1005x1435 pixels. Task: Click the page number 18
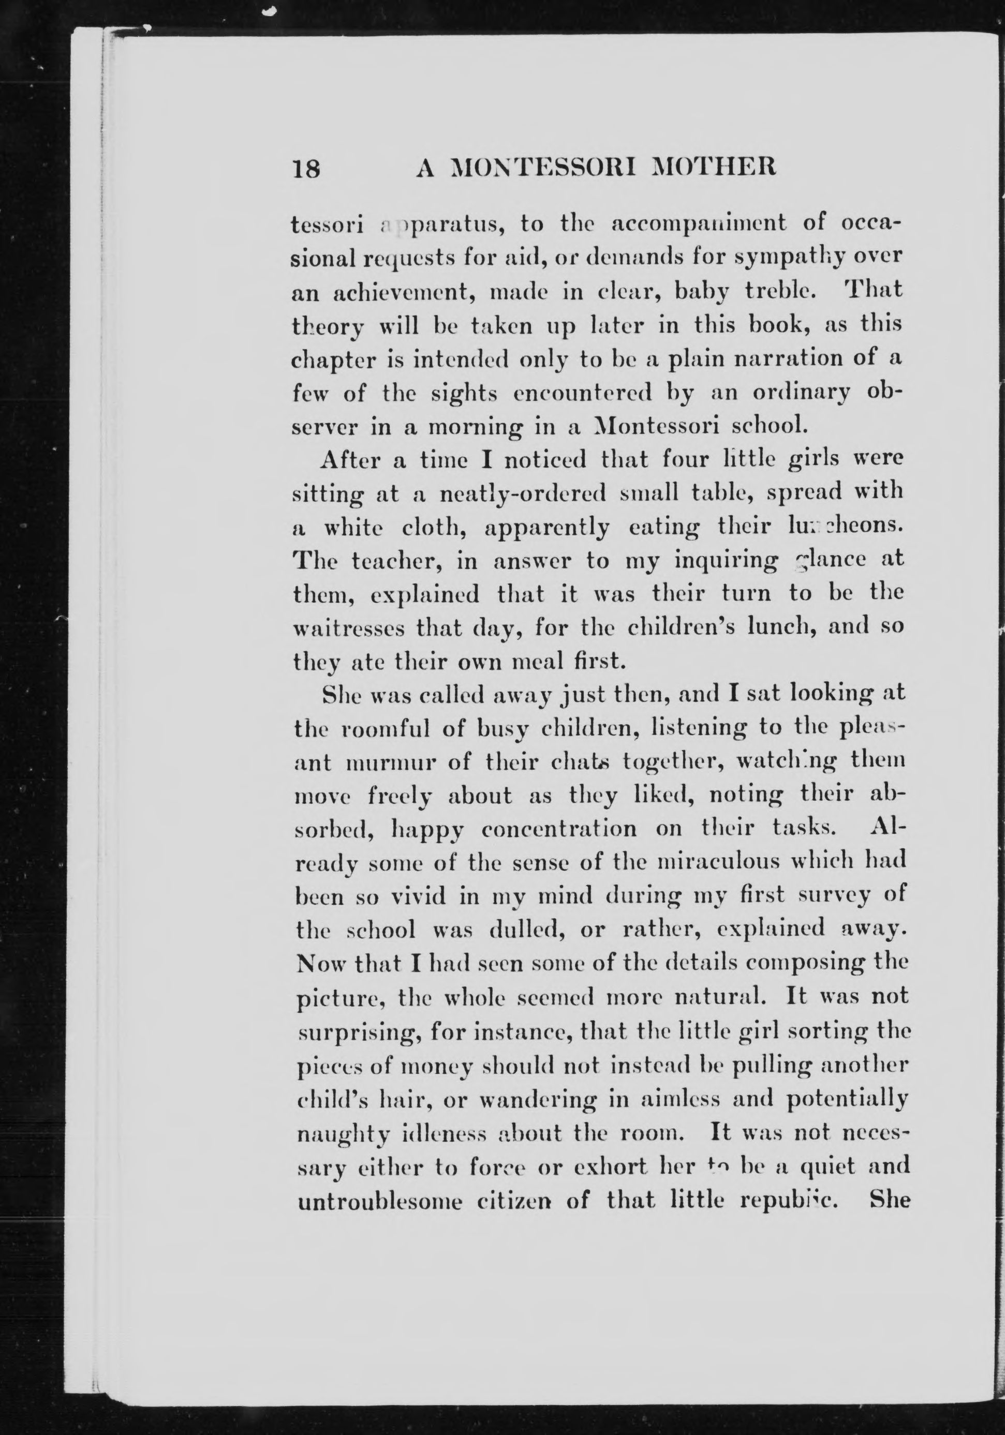coord(306,169)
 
